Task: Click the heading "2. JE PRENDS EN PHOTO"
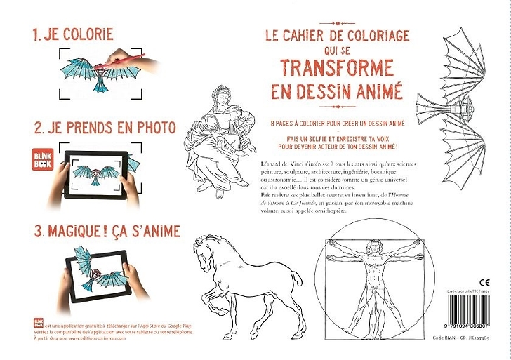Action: pyautogui.click(x=104, y=128)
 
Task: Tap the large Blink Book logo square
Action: pyautogui.click(x=44, y=158)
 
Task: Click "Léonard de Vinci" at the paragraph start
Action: pyautogui.click(x=279, y=162)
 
